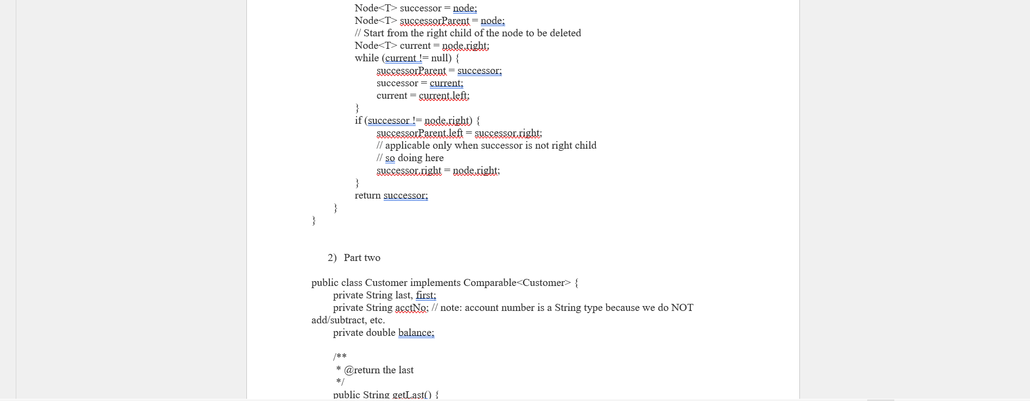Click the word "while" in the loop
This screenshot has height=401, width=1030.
pyautogui.click(x=367, y=58)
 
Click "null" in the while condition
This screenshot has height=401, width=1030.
pyautogui.click(x=441, y=58)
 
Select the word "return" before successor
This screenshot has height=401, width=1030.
pyautogui.click(x=367, y=195)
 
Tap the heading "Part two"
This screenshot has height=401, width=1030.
pyautogui.click(x=362, y=258)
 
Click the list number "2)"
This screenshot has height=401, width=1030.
pyautogui.click(x=332, y=258)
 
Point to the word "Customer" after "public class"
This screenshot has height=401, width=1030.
pyautogui.click(x=386, y=283)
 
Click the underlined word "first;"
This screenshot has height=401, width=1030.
pyautogui.click(x=425, y=295)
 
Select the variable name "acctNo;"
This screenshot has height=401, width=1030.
pyautogui.click(x=412, y=308)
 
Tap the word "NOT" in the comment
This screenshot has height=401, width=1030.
pyautogui.click(x=682, y=308)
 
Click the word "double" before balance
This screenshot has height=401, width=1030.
pyautogui.click(x=380, y=333)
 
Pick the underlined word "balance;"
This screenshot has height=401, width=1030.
pyautogui.click(x=416, y=333)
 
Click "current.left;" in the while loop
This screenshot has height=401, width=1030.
pyautogui.click(x=444, y=96)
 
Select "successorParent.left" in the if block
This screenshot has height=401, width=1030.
pyautogui.click(x=420, y=133)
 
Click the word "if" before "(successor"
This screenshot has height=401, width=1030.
pyautogui.click(x=358, y=120)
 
